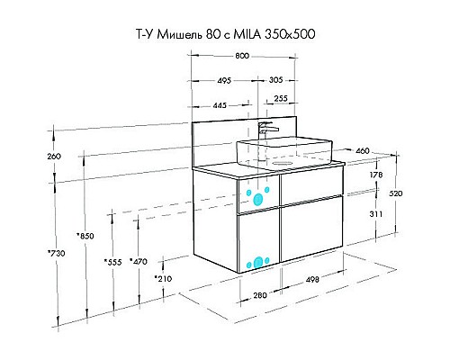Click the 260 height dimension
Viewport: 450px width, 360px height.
53,157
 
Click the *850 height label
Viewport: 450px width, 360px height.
85,236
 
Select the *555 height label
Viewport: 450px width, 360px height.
112,261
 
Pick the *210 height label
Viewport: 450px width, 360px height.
162,279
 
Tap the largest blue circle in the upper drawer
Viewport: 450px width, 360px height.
260,198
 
